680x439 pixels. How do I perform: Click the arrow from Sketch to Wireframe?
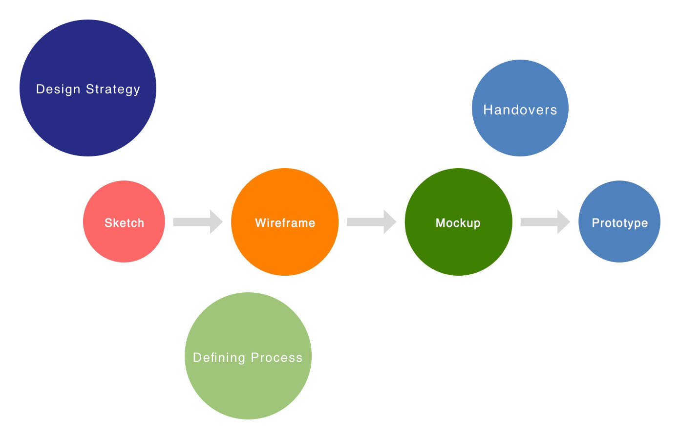click(197, 222)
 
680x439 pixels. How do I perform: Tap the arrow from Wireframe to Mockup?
click(371, 222)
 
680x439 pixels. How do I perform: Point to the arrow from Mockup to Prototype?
click(545, 222)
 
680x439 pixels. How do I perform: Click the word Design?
click(58, 89)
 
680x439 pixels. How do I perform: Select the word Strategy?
click(113, 89)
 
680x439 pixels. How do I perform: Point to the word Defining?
click(219, 358)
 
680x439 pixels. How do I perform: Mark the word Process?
click(276, 358)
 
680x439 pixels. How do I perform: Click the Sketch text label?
click(124, 223)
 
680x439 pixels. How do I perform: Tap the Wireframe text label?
click(285, 223)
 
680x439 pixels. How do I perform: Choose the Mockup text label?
click(458, 223)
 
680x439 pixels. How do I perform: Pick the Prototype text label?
click(619, 223)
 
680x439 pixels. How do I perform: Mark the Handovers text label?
click(520, 110)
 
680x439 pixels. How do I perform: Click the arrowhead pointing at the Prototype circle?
click(563, 222)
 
